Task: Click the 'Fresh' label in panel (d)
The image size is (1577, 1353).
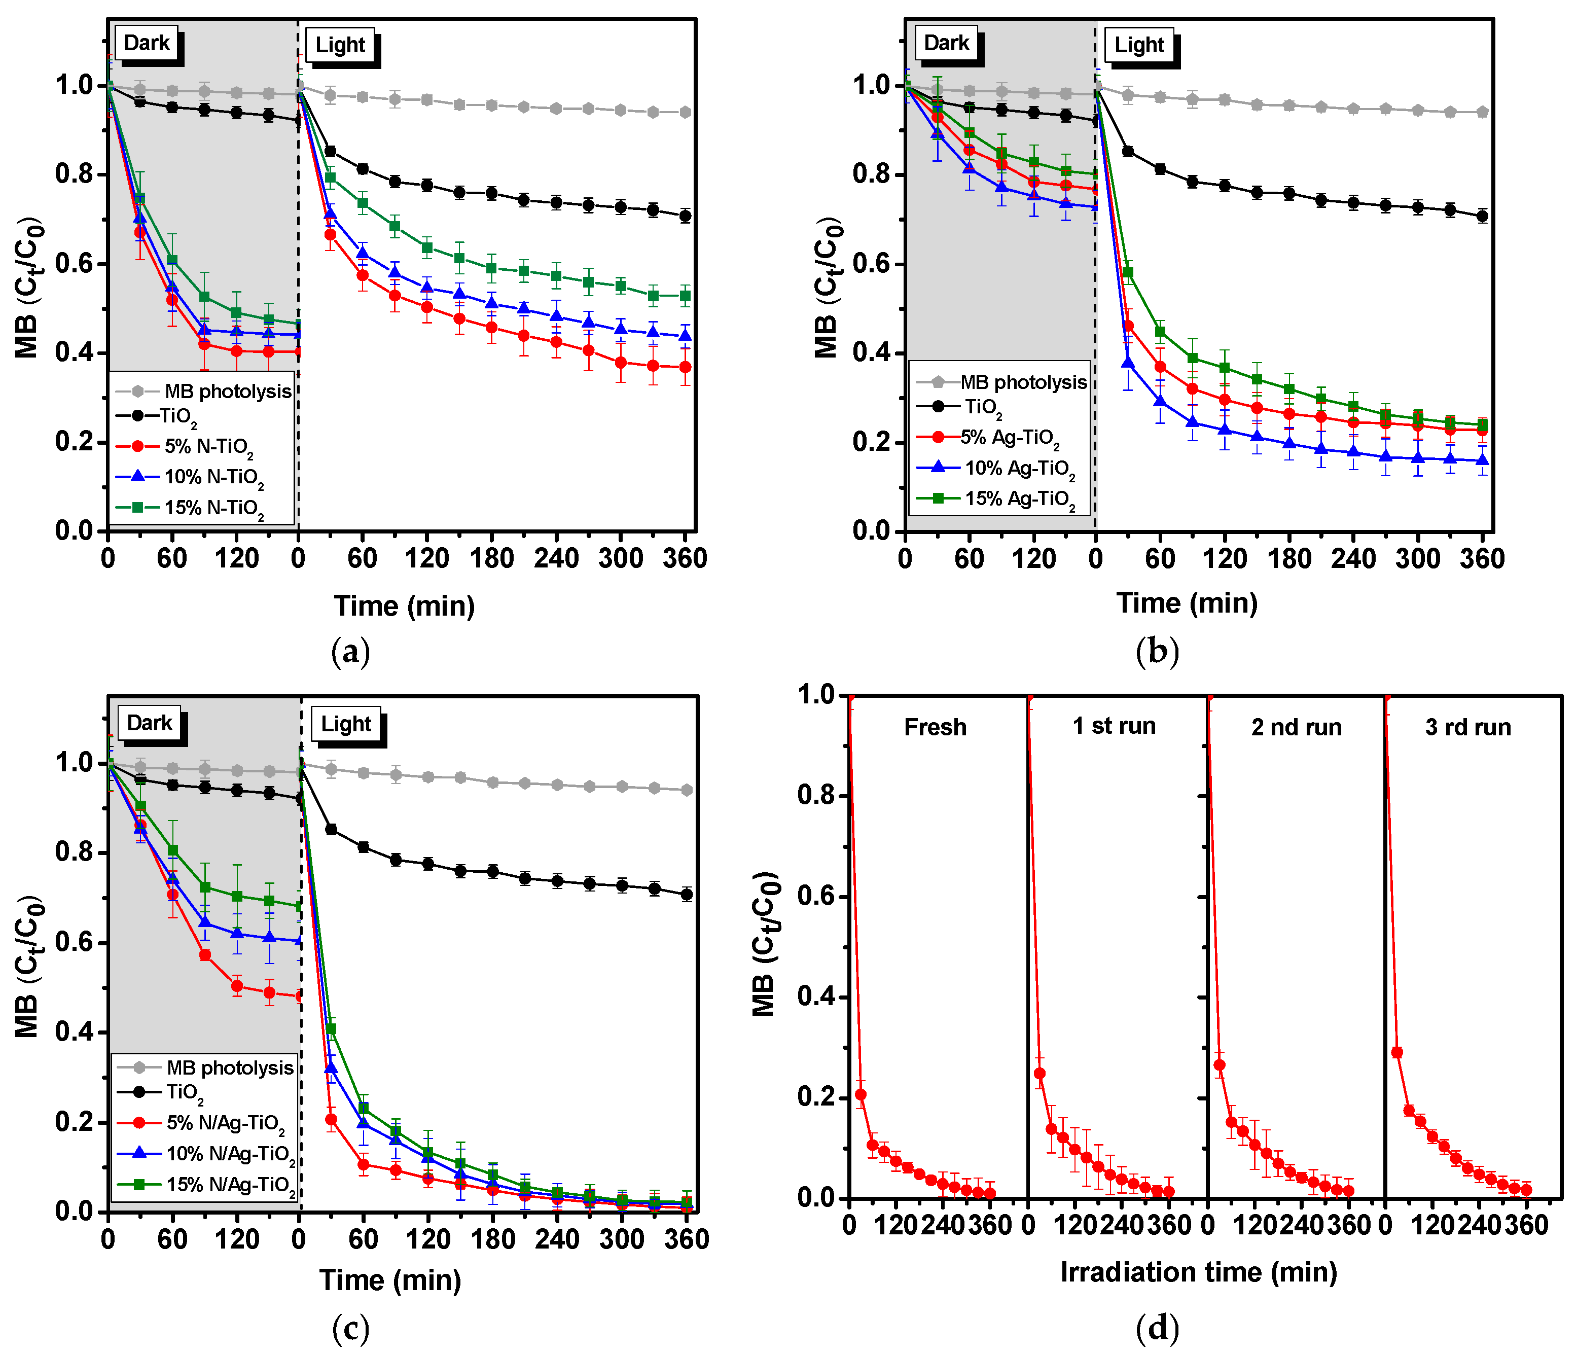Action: pyautogui.click(x=935, y=728)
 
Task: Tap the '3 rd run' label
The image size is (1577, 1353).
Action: pyautogui.click(x=1467, y=728)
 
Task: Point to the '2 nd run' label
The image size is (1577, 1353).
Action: pyautogui.click(x=1296, y=728)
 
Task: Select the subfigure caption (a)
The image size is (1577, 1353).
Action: pyautogui.click(x=351, y=652)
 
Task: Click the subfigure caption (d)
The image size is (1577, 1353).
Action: pyautogui.click(x=1157, y=1329)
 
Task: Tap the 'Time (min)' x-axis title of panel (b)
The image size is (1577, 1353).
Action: pyautogui.click(x=1187, y=602)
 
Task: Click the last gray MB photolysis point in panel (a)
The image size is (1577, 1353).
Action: pyautogui.click(x=685, y=112)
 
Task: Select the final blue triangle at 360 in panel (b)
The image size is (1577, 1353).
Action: pyautogui.click(x=1482, y=460)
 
